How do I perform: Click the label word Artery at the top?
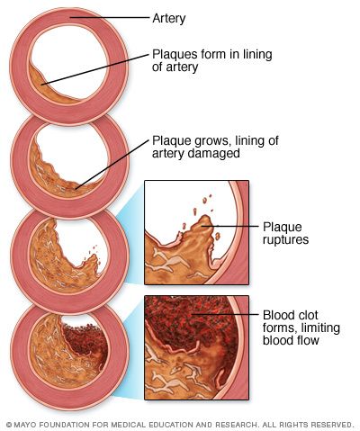point(169,19)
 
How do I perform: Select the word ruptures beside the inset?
point(285,239)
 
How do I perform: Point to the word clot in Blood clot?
point(306,315)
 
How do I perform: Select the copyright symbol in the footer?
point(9,425)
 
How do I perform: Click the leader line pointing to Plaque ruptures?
point(237,226)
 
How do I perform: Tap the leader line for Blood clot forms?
point(225,314)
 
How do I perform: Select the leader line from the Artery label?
point(110,17)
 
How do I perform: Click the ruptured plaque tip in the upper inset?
point(205,220)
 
